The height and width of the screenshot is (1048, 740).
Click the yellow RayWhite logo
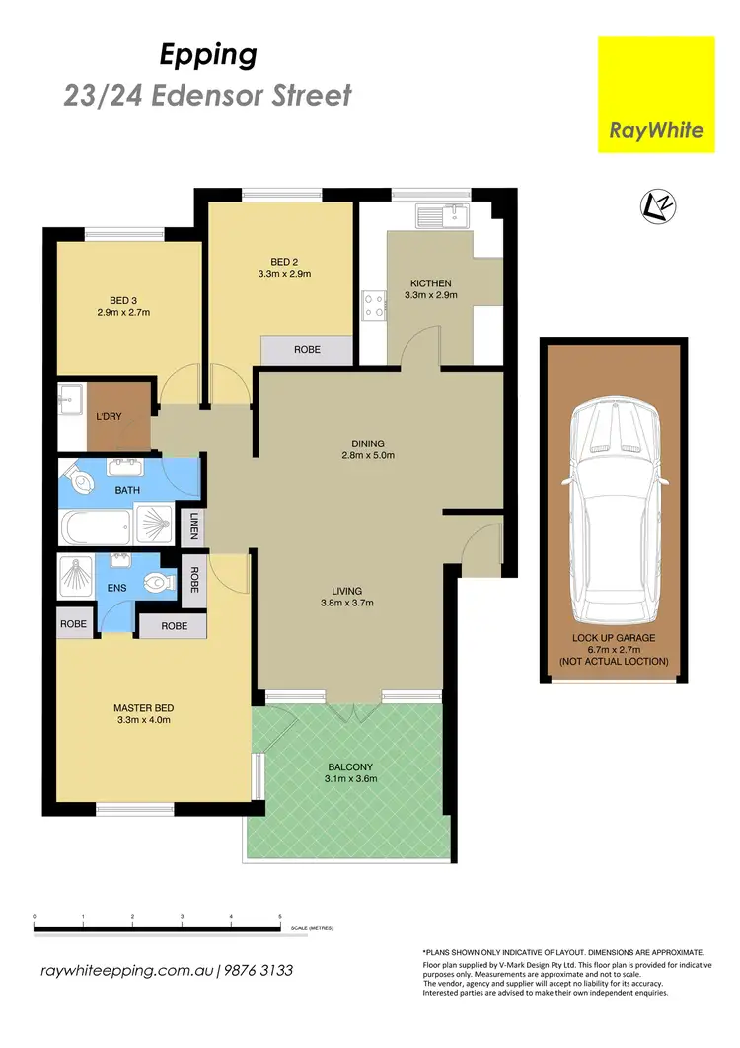pos(657,94)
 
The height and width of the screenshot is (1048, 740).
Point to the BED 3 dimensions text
pos(123,313)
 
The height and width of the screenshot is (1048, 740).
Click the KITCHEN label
pos(430,283)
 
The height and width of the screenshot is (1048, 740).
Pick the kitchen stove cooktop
pos(375,304)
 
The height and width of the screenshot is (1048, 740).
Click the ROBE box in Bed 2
pos(306,349)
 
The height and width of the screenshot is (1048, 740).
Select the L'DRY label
pos(108,416)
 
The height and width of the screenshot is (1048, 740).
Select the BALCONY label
pos(351,766)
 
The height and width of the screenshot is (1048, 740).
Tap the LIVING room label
pos(351,590)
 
